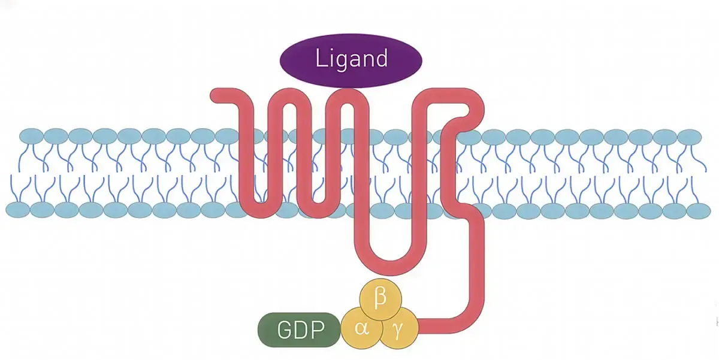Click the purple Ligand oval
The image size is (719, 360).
tap(351, 60)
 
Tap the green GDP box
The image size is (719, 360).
tap(299, 329)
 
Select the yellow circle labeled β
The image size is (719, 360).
tap(379, 298)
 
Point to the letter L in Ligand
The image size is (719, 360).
tap(320, 59)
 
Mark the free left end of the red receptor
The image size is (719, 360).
tap(215, 96)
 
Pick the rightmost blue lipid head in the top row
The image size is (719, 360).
tap(689, 136)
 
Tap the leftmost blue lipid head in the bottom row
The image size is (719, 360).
tap(18, 210)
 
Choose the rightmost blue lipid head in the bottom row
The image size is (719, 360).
tap(698, 210)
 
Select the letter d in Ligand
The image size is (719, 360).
tap(380, 59)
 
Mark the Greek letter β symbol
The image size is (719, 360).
tap(379, 298)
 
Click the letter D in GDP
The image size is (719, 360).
tap(300, 329)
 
